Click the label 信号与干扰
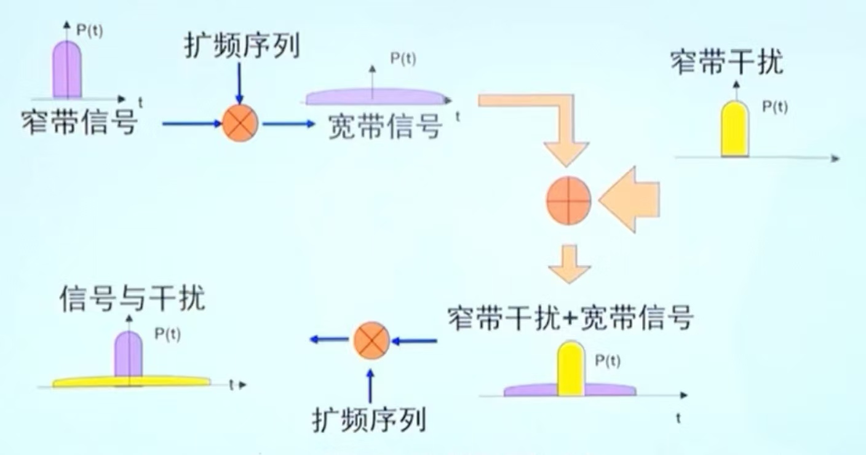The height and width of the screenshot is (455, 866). click(x=132, y=299)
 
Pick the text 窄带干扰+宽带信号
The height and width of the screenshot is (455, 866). click(x=571, y=318)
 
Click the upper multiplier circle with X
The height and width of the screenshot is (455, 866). click(x=240, y=124)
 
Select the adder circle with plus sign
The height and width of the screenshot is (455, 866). click(x=569, y=200)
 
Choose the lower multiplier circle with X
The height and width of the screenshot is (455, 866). click(x=371, y=340)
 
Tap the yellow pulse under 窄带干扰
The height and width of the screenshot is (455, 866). click(x=735, y=129)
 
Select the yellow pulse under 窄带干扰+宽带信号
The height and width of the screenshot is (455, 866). click(x=570, y=369)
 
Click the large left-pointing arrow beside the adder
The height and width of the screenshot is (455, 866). click(x=630, y=200)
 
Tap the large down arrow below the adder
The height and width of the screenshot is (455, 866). click(x=569, y=263)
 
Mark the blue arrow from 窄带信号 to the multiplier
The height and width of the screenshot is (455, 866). click(x=191, y=124)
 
